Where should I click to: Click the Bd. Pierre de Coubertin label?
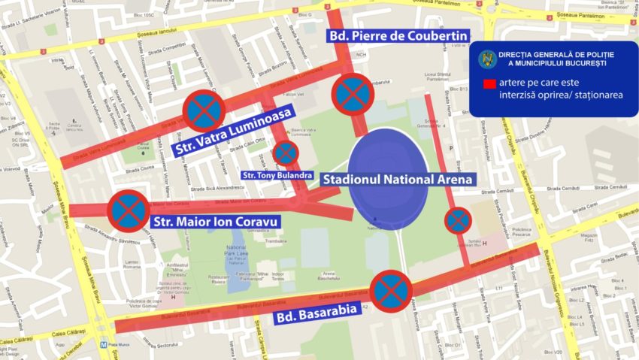398,35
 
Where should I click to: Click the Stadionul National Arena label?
398,180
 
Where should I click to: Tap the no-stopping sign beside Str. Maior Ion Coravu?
129,210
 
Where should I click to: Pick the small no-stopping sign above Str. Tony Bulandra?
286,153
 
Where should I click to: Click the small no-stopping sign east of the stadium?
458,221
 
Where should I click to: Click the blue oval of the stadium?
388,180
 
